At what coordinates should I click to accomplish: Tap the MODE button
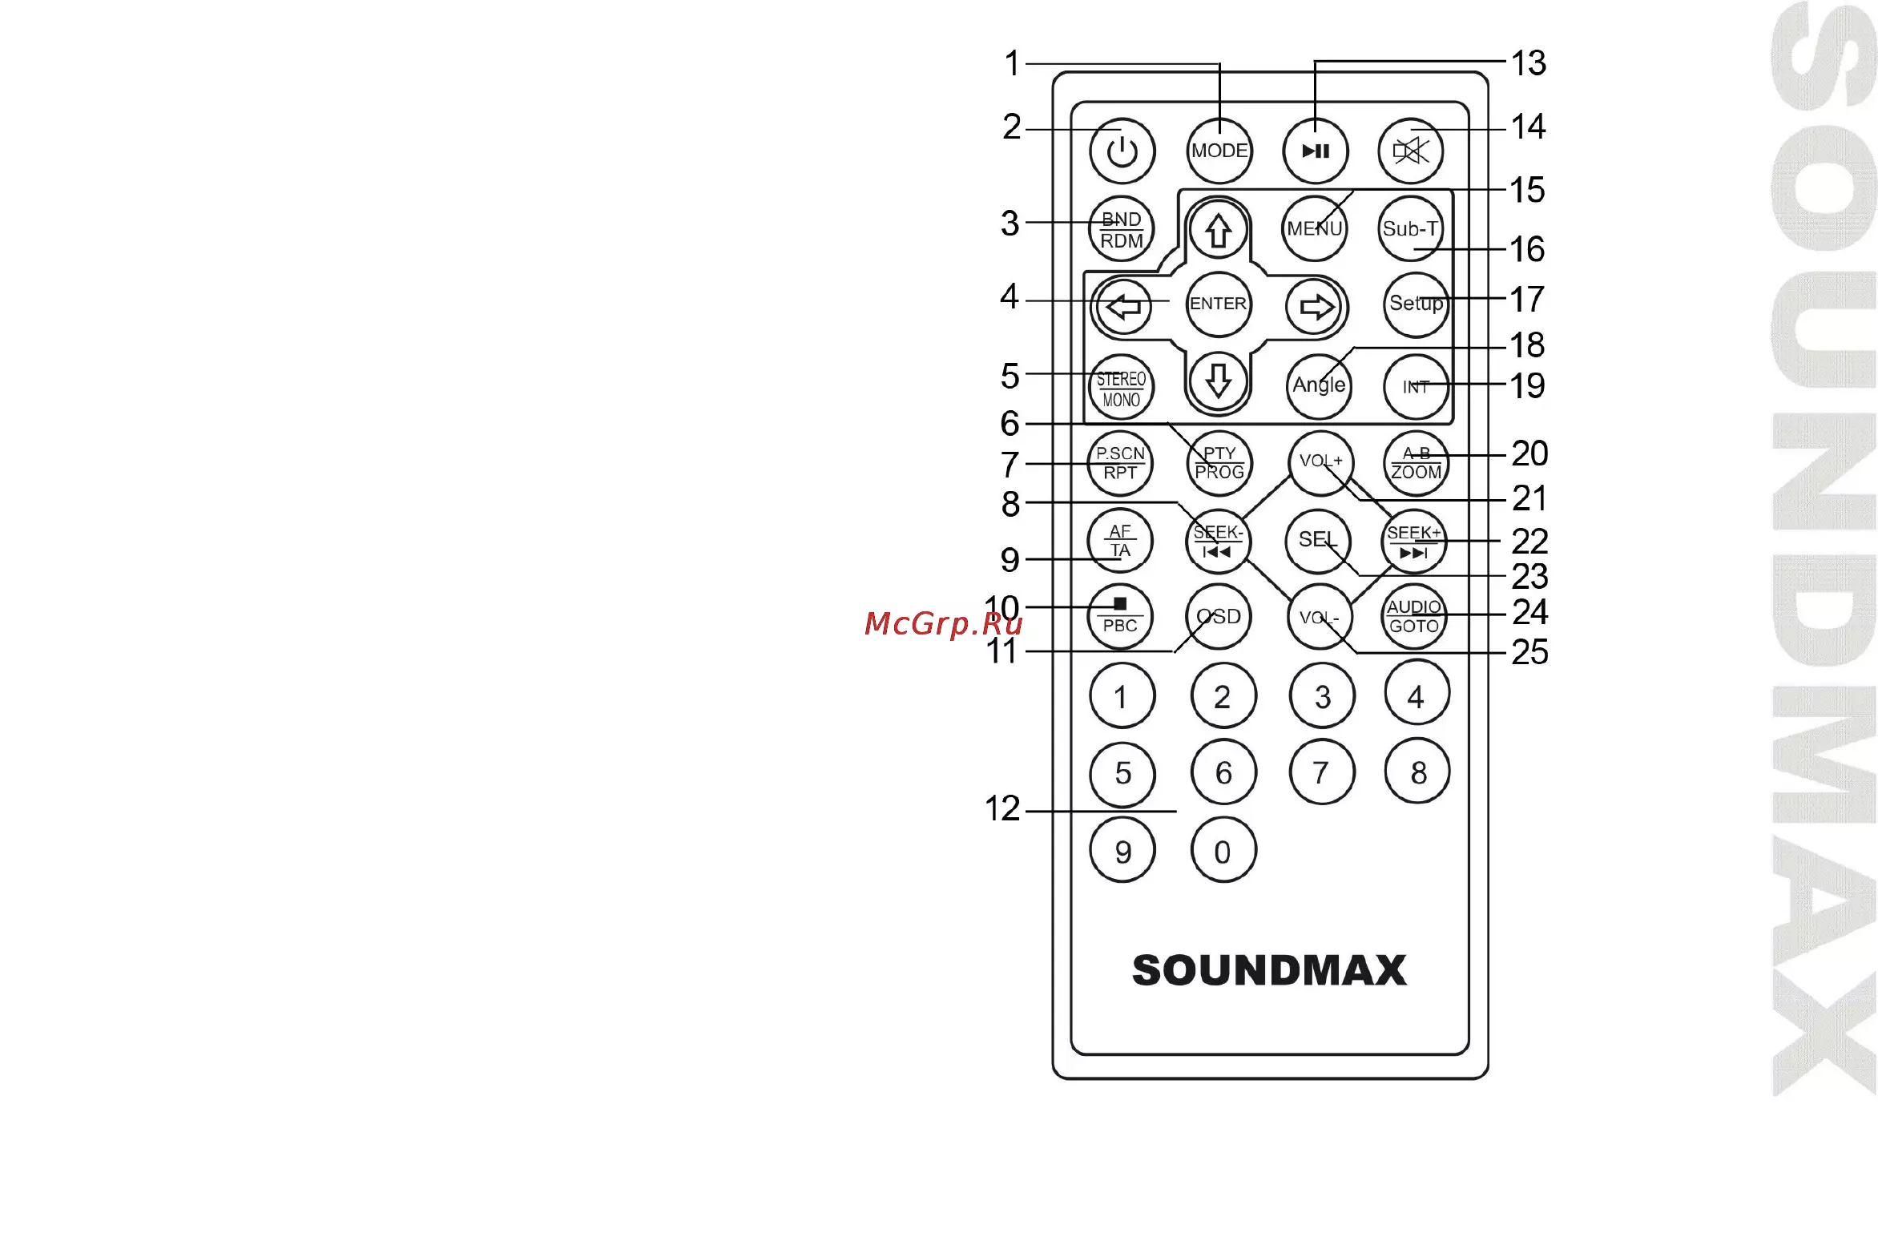1219,151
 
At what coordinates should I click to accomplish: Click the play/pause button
1316,151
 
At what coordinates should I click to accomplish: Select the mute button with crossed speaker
1411,151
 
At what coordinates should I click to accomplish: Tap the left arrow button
1123,306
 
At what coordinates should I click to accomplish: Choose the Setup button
1417,304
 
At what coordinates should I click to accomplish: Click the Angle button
1319,385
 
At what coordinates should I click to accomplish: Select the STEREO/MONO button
1121,387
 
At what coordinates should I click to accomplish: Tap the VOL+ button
1320,461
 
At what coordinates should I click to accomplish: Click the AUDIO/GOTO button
1414,616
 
